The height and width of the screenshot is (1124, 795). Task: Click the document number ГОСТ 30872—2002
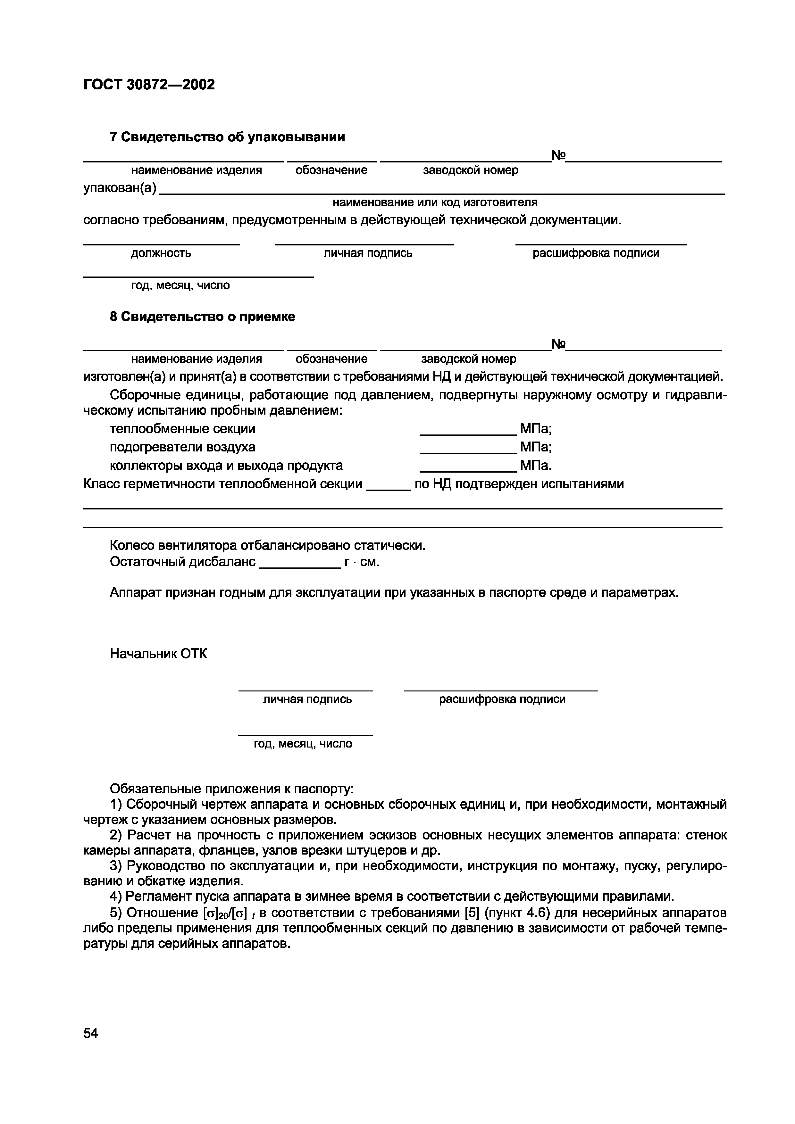tap(149, 85)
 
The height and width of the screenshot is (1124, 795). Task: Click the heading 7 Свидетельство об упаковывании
tap(227, 137)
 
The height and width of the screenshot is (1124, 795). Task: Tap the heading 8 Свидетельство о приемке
tap(202, 317)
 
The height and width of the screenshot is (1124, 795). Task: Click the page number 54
tap(91, 1033)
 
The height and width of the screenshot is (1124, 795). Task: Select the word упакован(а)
tap(120, 188)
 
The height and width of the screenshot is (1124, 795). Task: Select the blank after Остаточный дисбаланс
tap(299, 566)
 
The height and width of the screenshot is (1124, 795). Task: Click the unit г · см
tap(362, 562)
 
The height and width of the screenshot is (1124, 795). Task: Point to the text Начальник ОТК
tap(158, 654)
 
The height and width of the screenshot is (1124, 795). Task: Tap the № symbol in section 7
tap(559, 156)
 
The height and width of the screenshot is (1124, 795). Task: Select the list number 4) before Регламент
tap(116, 897)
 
